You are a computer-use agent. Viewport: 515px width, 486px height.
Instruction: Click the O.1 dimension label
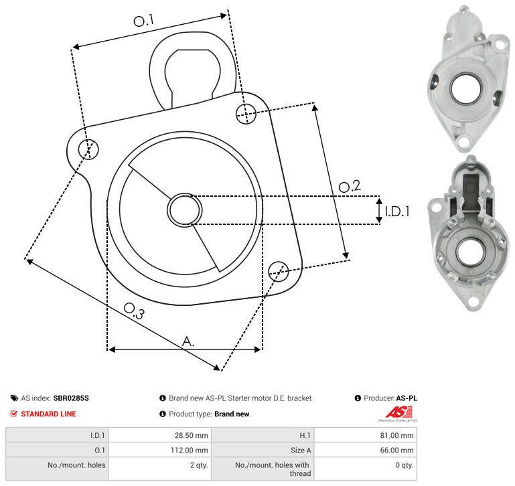[143, 20]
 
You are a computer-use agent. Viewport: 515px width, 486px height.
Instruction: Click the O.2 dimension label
[350, 186]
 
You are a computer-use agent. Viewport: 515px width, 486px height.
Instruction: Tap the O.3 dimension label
[134, 311]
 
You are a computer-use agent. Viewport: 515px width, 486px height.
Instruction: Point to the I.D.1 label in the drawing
[397, 212]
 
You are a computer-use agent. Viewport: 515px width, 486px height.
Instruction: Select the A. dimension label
[188, 341]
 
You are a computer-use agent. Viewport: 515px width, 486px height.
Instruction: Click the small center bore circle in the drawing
[185, 210]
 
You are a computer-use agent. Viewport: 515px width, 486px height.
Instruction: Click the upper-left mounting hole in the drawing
[88, 149]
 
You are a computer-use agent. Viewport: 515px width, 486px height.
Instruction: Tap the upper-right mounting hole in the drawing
[246, 114]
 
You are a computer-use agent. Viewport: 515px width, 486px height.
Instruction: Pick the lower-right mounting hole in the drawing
[279, 271]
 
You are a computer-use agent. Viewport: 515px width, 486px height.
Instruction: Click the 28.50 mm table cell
[160, 435]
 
